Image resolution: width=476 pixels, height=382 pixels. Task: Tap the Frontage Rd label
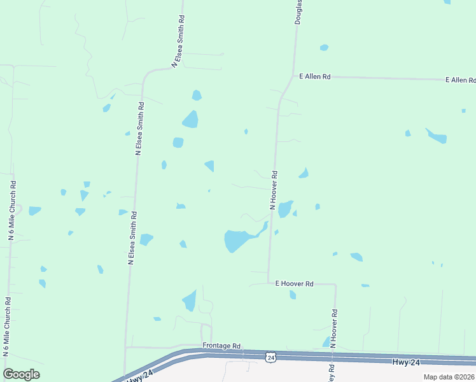221,345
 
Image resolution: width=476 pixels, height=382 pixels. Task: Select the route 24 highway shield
271,358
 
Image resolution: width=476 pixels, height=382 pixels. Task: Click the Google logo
21,374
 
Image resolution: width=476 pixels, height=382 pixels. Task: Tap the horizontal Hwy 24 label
405,362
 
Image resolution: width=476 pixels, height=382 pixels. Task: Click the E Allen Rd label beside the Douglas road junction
315,76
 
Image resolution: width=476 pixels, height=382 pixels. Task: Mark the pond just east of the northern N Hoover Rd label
284,208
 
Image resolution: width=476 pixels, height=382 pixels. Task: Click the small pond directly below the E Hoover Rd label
293,295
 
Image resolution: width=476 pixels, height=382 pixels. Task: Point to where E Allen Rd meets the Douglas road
293,77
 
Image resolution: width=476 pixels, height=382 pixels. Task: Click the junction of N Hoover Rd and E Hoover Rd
269,284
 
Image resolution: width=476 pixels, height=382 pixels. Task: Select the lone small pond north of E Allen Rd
325,47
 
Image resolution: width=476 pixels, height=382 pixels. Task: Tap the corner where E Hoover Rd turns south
335,285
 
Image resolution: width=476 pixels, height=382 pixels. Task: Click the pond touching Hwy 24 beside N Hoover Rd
326,343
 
